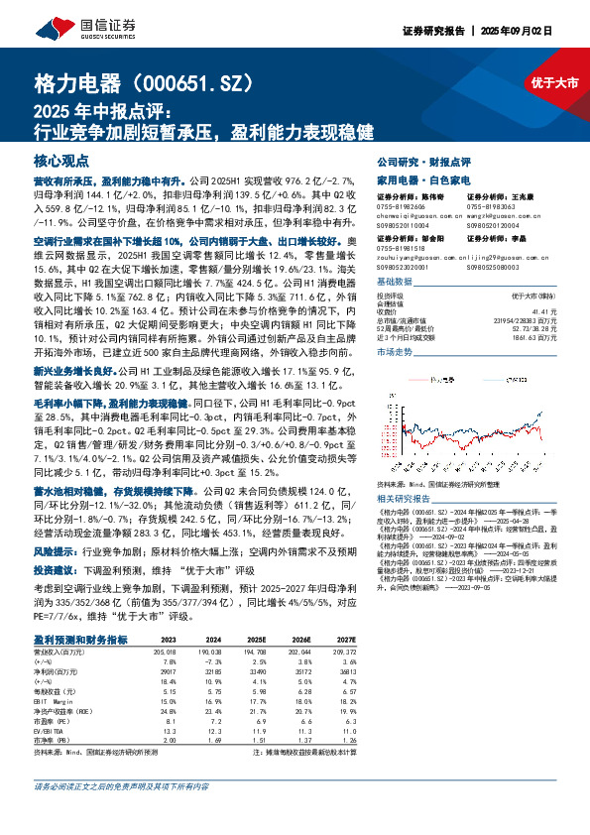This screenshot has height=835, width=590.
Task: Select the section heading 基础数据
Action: point(396,282)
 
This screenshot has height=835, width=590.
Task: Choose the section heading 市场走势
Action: point(396,351)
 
